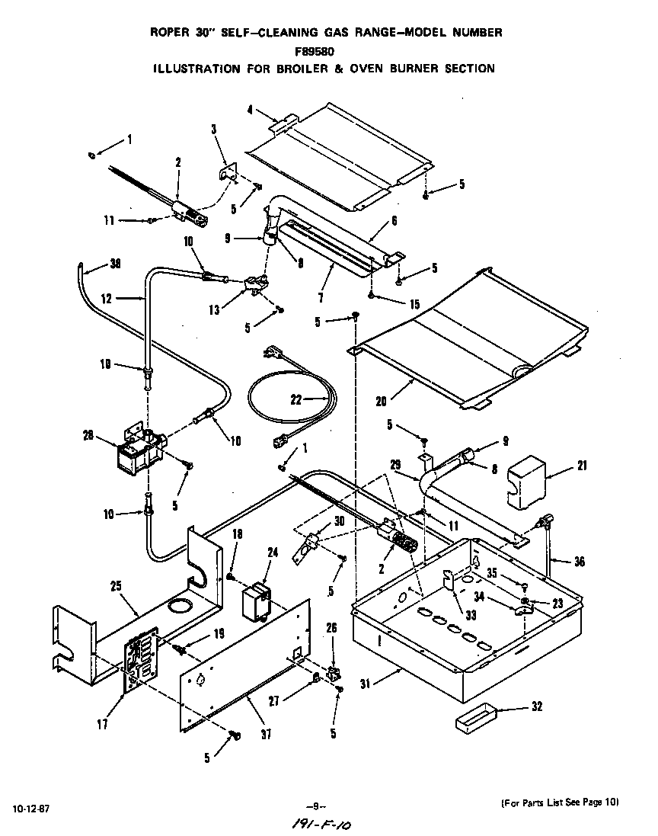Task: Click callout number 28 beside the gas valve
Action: [88, 435]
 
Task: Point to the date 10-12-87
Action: [30, 806]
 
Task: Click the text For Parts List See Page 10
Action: [560, 802]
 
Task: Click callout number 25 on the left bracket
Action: [117, 587]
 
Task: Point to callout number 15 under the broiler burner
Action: [414, 303]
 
